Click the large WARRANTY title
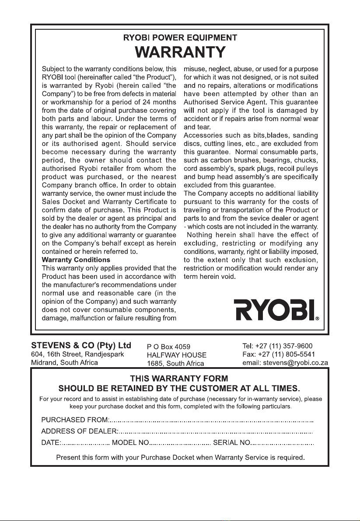(x=180, y=52)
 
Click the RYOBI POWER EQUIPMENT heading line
(x=180, y=38)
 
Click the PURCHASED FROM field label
(x=74, y=420)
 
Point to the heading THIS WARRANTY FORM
(x=180, y=378)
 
